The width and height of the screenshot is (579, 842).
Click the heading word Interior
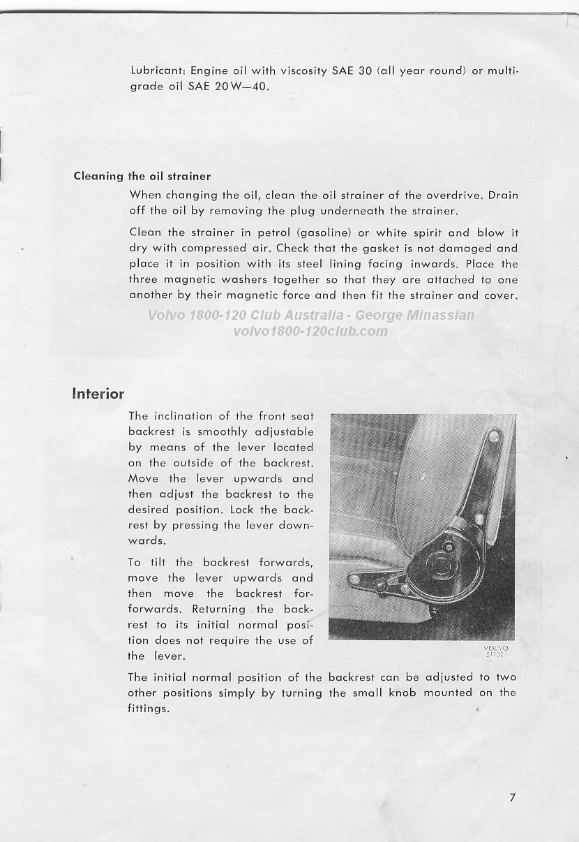click(x=98, y=394)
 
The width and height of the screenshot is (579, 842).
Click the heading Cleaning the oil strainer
click(x=142, y=176)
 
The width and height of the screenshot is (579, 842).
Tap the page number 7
click(x=513, y=797)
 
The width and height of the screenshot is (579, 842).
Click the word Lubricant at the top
click(x=157, y=71)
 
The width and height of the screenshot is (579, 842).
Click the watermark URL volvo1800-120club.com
click(x=310, y=331)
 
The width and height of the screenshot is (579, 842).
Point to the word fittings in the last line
click(x=149, y=709)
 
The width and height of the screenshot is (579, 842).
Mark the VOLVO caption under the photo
click(x=495, y=648)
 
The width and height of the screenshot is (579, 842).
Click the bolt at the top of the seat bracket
click(x=494, y=436)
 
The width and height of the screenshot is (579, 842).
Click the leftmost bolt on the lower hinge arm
click(x=354, y=579)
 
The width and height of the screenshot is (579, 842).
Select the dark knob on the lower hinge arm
click(x=381, y=583)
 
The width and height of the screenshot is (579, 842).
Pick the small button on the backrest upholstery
click(x=421, y=477)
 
